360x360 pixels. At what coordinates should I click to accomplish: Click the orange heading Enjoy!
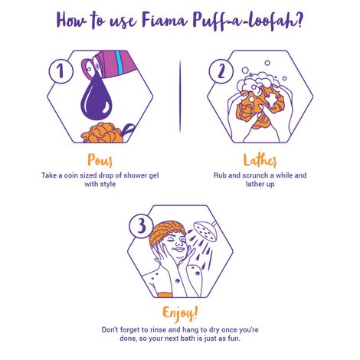179,313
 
